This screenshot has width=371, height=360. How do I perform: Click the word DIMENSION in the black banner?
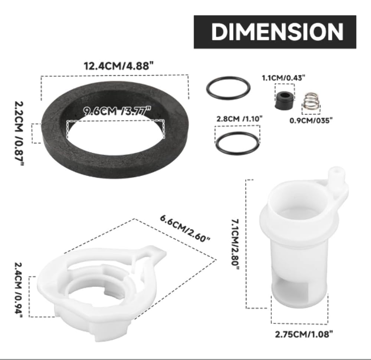pyautogui.click(x=277, y=32)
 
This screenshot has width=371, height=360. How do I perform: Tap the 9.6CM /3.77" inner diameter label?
pyautogui.click(x=117, y=111)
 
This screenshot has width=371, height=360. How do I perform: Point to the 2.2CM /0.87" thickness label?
pyautogui.click(x=19, y=133)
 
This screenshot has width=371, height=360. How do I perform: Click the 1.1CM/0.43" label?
pyautogui.click(x=283, y=78)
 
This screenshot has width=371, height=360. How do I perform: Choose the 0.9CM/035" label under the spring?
pyautogui.click(x=311, y=120)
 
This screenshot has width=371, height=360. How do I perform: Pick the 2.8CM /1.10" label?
pyautogui.click(x=240, y=118)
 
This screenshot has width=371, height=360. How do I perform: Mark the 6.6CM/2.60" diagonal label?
pyautogui.click(x=185, y=229)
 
